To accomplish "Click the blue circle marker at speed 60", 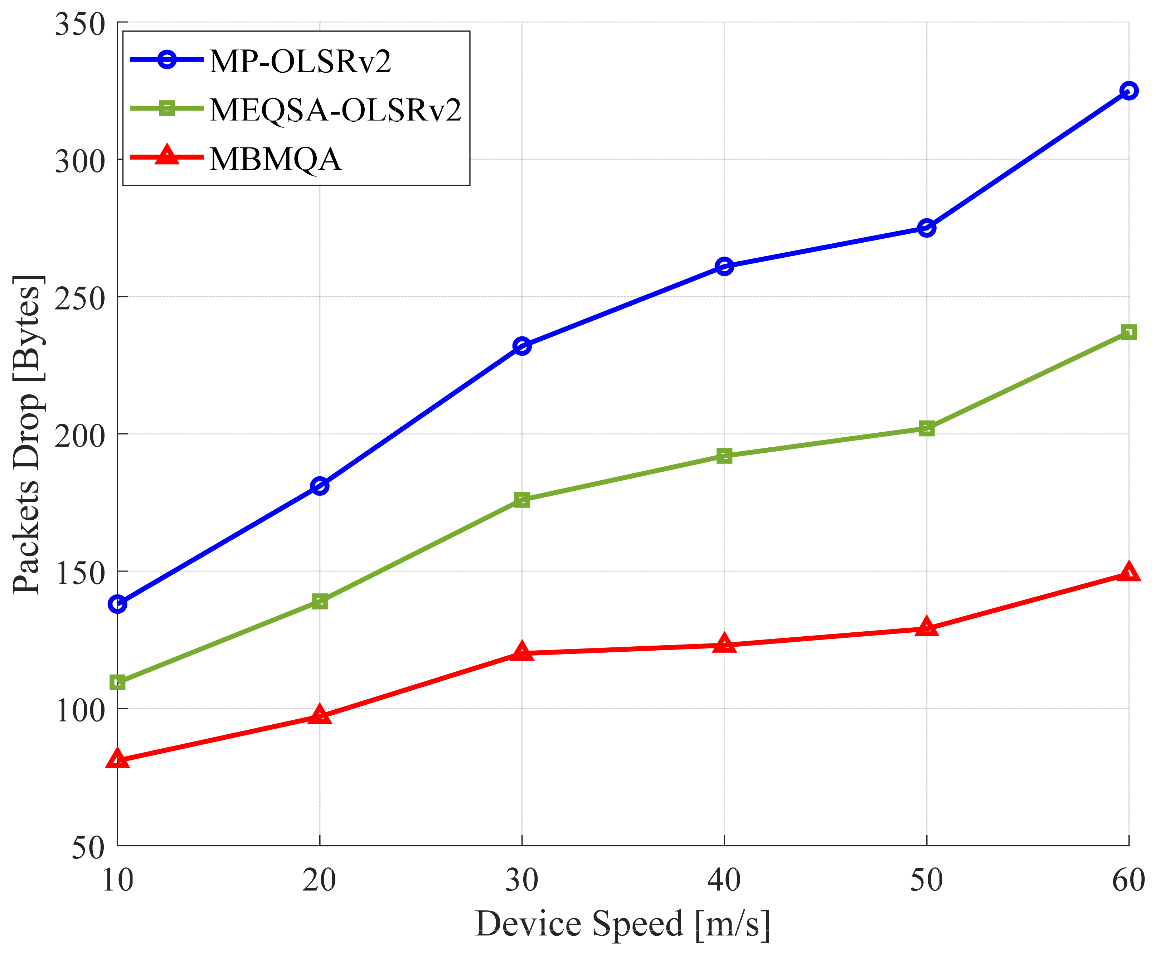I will point(1128,91).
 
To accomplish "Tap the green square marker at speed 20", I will point(320,602).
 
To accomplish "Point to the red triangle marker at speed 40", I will point(724,644).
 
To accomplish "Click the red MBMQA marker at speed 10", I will point(117,760).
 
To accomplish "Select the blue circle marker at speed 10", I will point(117,604).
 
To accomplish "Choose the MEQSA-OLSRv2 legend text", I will point(335,110).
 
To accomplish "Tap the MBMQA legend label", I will point(275,159).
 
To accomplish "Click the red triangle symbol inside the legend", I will point(167,156).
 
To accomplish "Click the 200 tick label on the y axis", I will point(79,437).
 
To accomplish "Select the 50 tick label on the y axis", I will point(88,848).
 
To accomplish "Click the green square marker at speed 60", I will point(1128,332).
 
